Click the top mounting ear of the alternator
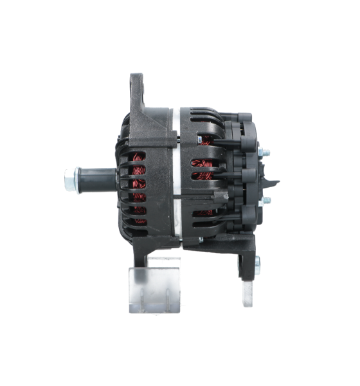137,90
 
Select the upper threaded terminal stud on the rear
264,152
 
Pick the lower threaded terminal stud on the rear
265,201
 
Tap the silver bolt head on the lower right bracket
257,262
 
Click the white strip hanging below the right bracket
248,293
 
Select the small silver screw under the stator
201,240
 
